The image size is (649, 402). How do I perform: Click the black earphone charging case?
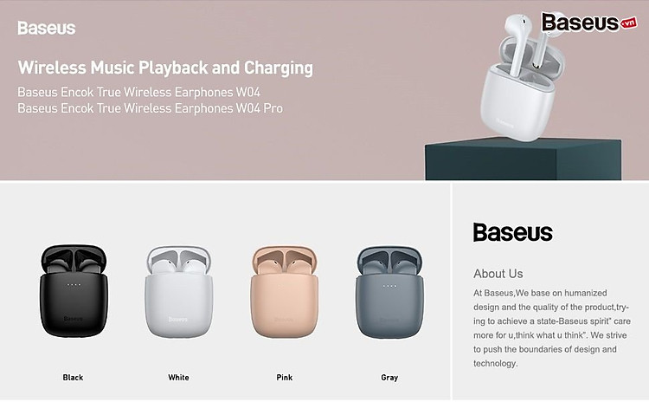(74, 291)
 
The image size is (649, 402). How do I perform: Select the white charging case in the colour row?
(179, 292)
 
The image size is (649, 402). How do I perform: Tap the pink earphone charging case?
(285, 292)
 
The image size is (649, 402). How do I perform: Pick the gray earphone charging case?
(389, 292)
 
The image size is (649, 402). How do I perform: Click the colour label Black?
(73, 377)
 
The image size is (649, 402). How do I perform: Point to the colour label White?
(178, 377)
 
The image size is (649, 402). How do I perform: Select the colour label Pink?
(285, 377)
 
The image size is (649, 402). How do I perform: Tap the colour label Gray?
(389, 377)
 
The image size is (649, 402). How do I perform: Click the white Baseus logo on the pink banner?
(47, 29)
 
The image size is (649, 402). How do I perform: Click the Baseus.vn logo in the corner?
(589, 22)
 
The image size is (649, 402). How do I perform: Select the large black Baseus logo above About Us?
(513, 232)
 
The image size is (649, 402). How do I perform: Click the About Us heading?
(498, 274)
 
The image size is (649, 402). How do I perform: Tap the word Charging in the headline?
(278, 68)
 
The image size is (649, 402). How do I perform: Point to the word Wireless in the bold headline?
(52, 68)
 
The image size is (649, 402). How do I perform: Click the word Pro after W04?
(273, 108)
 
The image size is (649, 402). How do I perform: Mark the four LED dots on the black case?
(74, 285)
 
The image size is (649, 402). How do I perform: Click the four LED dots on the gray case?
(389, 286)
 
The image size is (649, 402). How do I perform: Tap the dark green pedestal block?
(524, 160)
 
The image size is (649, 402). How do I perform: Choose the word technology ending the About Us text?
(496, 364)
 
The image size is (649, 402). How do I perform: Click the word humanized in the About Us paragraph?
(586, 293)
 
